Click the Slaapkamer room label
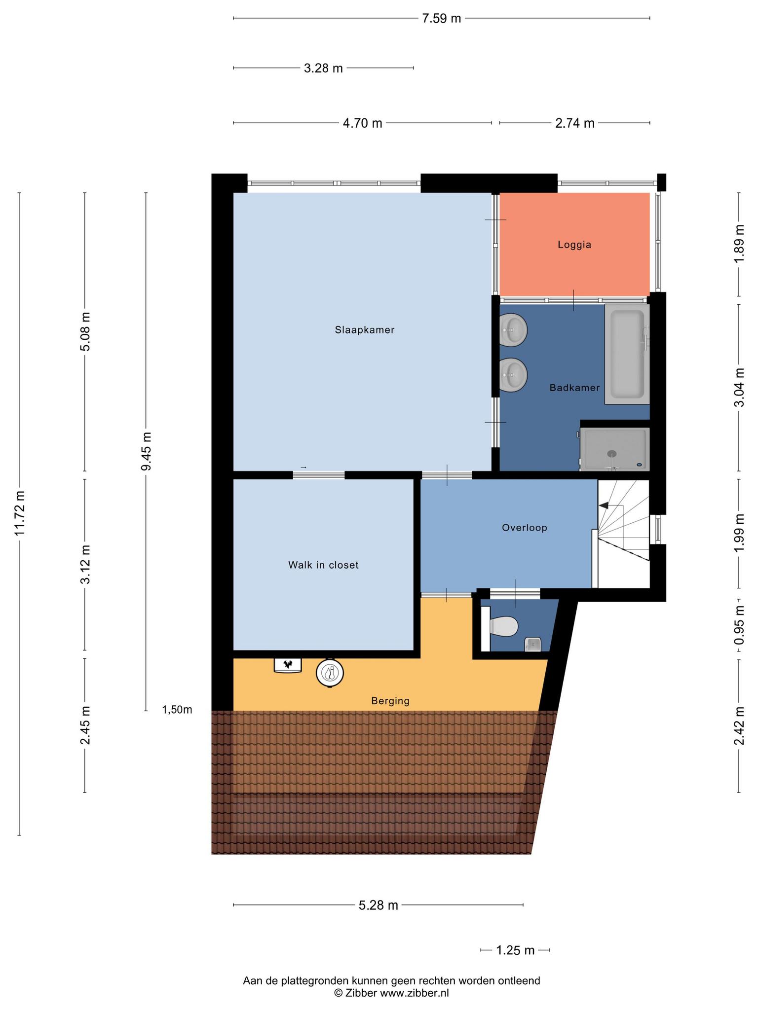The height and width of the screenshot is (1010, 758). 365,330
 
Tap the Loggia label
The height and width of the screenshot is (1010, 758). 574,245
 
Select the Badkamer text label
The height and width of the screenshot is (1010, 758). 574,388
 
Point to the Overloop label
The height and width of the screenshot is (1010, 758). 525,528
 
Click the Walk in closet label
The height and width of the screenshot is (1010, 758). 323,565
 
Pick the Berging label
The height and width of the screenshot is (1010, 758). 390,701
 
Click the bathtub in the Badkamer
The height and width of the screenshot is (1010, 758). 627,354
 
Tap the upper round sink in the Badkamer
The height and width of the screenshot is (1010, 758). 513,330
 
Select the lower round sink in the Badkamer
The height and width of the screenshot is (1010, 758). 513,375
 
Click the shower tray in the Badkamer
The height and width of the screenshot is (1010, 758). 614,449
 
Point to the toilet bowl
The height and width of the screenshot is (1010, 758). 503,627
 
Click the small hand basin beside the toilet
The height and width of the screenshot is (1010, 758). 533,645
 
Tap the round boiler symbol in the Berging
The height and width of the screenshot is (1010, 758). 330,673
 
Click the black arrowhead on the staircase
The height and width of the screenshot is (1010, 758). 603,505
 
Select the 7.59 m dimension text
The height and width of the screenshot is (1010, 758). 441,19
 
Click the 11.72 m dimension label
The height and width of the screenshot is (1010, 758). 19,513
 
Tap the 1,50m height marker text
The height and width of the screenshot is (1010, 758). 177,710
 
